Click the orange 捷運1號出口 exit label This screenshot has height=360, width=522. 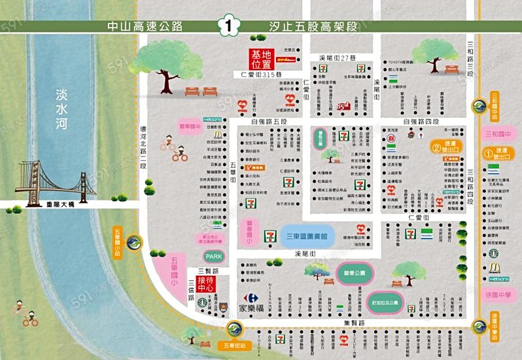pos(499,153)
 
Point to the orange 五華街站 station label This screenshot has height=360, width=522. pos(234,345)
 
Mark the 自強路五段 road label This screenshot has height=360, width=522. pos(269,122)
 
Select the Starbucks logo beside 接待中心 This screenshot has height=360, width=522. pos(202,301)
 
